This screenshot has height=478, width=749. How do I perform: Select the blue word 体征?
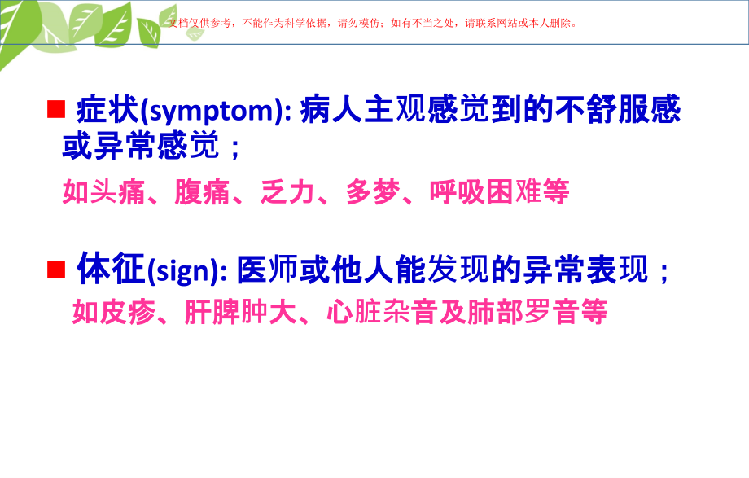[x=111, y=270]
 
